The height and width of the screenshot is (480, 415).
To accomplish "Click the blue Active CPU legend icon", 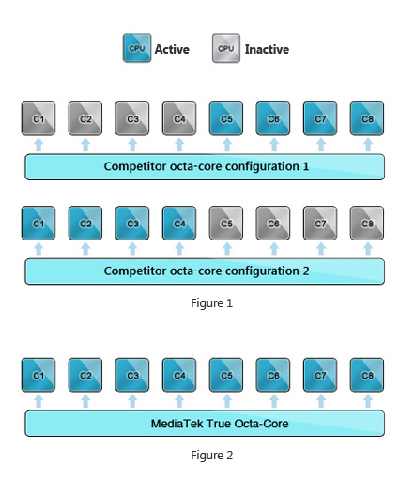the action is [x=137, y=48].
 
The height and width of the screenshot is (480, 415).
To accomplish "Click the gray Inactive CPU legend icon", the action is [x=226, y=48].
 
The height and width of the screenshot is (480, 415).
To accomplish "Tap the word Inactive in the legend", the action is [x=267, y=49].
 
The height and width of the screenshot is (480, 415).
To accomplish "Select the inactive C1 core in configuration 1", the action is [x=38, y=118].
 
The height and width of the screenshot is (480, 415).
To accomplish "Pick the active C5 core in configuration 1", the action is [x=226, y=118].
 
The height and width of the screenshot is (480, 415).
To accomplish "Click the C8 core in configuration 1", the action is [x=367, y=118].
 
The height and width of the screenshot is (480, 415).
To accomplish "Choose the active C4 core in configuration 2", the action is [x=179, y=223].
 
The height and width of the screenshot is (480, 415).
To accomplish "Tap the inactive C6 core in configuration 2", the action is [x=273, y=223].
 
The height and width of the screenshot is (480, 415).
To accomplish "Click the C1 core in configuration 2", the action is [x=38, y=223].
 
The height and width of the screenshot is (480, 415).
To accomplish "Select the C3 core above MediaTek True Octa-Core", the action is [x=132, y=375].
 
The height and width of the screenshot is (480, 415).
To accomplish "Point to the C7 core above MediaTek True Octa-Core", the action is [x=320, y=375].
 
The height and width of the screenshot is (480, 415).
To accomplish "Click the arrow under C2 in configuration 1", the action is [x=85, y=145].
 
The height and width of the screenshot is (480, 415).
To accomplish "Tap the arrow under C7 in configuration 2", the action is [x=321, y=250].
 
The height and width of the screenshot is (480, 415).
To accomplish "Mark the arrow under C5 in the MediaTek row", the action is [x=227, y=401].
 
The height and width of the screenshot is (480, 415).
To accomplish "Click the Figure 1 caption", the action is [x=212, y=303].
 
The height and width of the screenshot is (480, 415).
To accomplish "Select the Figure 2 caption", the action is [x=212, y=456].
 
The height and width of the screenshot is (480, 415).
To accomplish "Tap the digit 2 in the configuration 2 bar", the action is [x=306, y=271].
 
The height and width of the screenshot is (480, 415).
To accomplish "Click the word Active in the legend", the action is [x=172, y=49].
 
